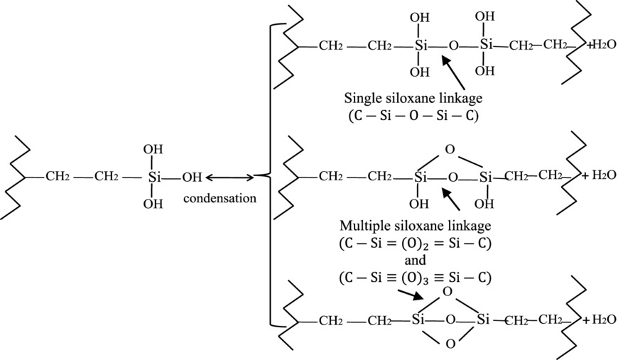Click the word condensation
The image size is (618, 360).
click(219, 198)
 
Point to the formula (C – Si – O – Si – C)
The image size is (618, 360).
click(411, 114)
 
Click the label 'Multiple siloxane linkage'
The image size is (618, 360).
click(414, 226)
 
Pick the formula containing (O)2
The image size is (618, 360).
click(415, 243)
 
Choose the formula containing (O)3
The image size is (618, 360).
click(415, 276)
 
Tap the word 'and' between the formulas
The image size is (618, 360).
click(415, 260)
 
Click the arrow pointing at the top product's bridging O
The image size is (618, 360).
click(456, 73)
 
